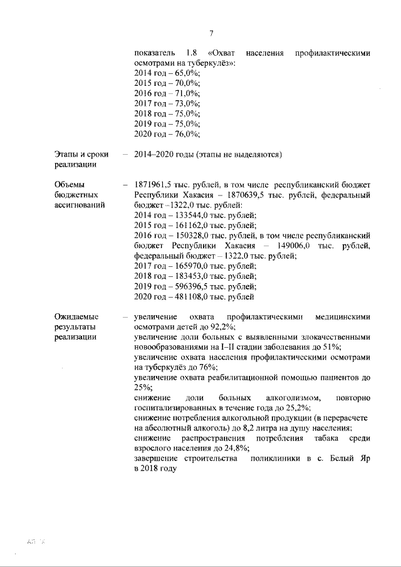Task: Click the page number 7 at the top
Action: point(212,33)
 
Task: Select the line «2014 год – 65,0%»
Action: point(167,73)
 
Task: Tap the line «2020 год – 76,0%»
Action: point(167,133)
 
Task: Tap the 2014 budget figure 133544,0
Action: point(186,215)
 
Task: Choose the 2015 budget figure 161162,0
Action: point(186,225)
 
